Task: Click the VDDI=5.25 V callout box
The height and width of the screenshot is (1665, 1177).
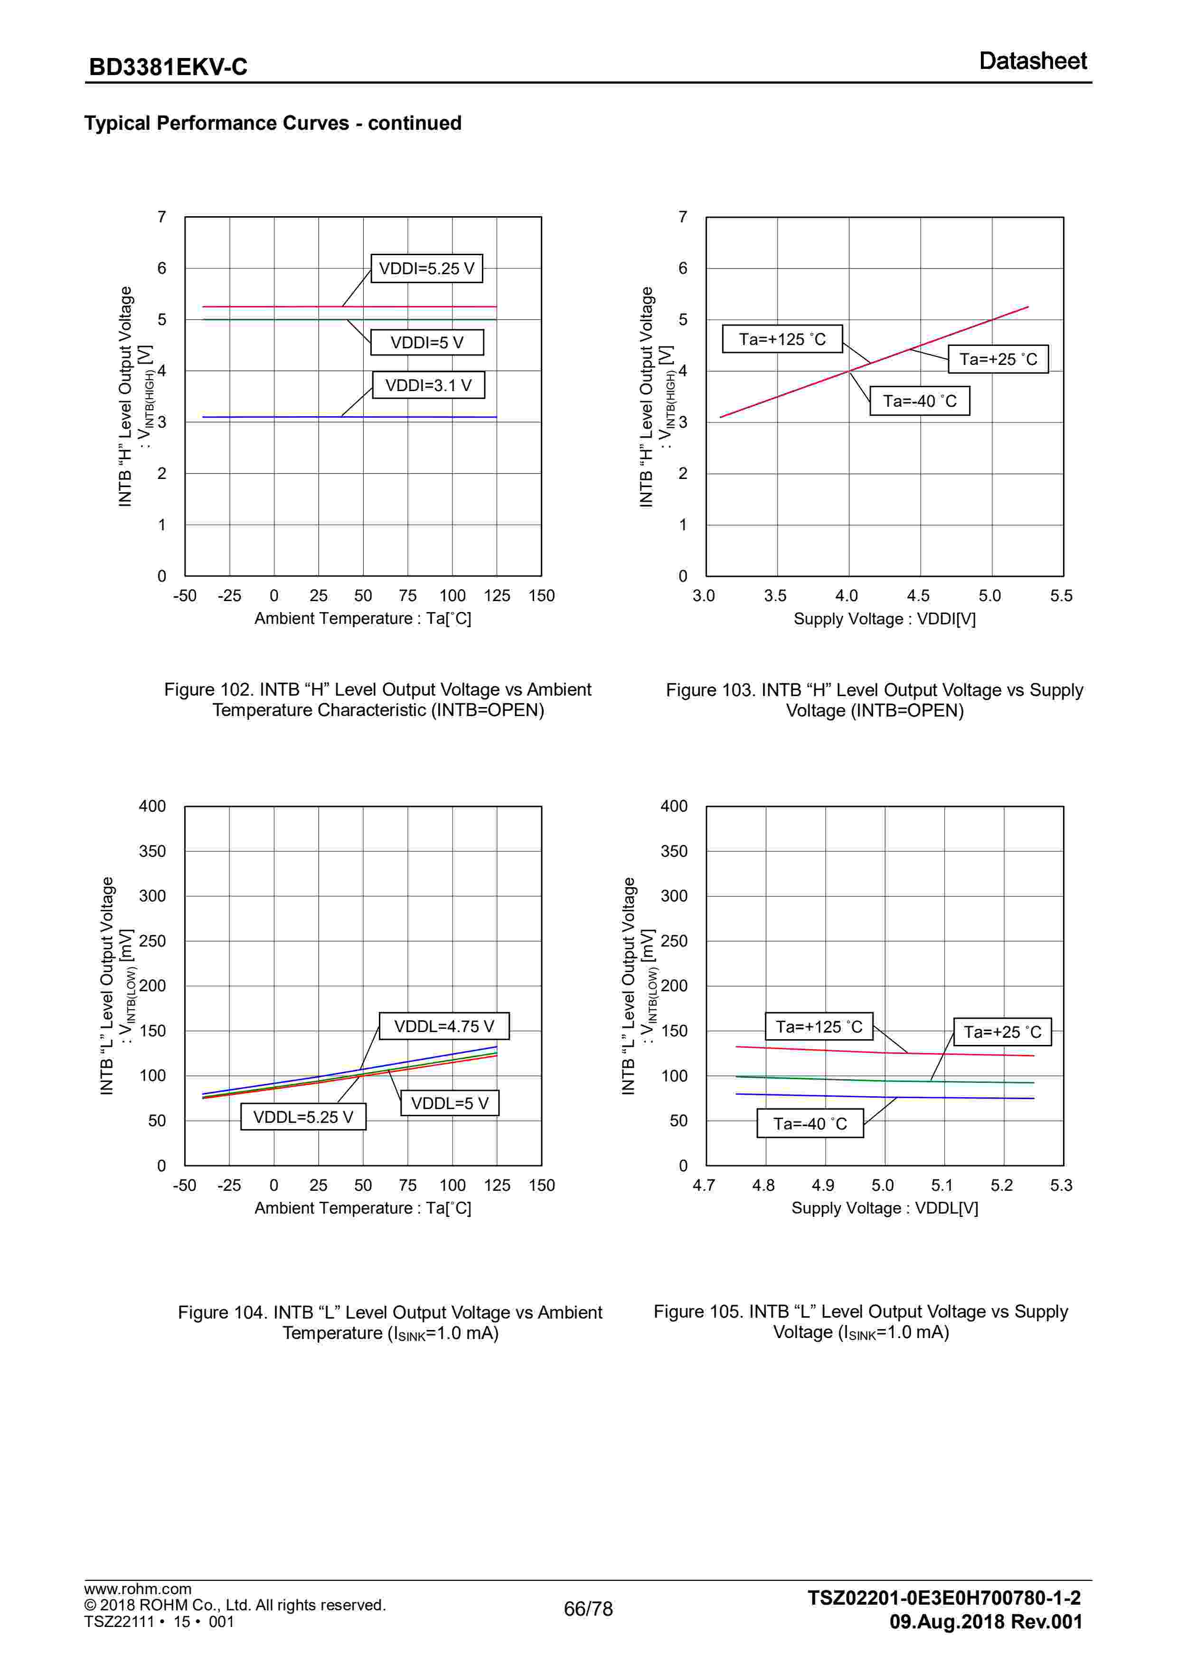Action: [426, 268]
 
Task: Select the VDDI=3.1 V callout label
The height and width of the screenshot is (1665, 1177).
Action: [428, 385]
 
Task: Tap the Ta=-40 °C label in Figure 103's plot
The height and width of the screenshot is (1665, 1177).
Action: [919, 401]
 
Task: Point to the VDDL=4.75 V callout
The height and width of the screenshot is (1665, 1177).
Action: [443, 1026]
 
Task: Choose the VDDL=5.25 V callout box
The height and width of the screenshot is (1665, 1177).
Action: [303, 1117]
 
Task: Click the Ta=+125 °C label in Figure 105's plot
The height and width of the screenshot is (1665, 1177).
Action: [819, 1027]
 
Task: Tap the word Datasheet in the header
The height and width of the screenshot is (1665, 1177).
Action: [1032, 61]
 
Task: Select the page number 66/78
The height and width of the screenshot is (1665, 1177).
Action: [588, 1608]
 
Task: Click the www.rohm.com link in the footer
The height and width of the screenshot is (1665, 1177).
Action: [138, 1589]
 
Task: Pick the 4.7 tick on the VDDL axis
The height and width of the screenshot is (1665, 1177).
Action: [704, 1186]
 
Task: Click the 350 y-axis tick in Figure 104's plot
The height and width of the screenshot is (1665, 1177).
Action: [152, 852]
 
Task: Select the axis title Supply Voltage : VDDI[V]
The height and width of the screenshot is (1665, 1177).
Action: [884, 619]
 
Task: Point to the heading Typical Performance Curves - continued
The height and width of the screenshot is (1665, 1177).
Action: [273, 123]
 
